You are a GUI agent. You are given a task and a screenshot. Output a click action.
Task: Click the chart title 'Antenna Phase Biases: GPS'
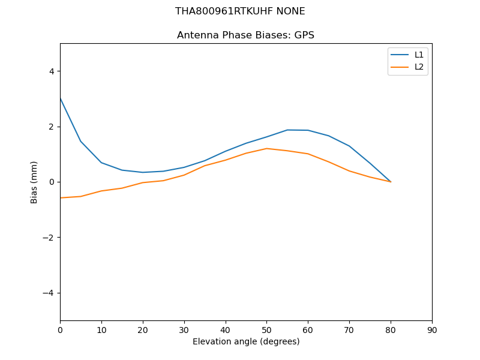(x=245, y=35)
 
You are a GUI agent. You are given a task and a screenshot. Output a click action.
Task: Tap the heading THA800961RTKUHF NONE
(x=240, y=11)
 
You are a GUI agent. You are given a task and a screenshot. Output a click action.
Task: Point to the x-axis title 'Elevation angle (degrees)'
(x=246, y=341)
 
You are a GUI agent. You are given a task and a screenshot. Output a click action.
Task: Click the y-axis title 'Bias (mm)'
(x=34, y=182)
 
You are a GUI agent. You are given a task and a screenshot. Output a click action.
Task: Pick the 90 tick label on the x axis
(x=432, y=329)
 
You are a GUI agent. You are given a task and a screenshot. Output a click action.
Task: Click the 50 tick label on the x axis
(x=266, y=329)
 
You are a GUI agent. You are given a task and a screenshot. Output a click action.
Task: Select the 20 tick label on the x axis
(x=143, y=329)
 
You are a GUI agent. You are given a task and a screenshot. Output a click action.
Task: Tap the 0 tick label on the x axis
(x=60, y=329)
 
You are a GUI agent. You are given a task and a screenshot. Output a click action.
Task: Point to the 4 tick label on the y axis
(x=51, y=71)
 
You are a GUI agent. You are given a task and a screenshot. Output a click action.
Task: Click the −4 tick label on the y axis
(x=48, y=293)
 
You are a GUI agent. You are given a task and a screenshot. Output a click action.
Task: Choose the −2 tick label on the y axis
(x=48, y=238)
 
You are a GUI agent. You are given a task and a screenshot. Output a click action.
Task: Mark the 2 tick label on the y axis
(x=51, y=127)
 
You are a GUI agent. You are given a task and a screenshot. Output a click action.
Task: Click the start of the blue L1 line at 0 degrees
(x=60, y=97)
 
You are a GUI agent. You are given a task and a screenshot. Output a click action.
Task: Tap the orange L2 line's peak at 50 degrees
(x=266, y=148)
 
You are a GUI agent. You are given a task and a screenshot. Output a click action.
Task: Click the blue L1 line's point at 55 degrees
(x=287, y=130)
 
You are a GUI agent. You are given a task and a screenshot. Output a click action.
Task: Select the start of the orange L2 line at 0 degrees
(x=60, y=198)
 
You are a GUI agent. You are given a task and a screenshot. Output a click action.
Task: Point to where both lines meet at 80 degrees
(x=391, y=182)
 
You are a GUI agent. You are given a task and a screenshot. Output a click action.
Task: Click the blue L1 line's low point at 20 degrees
(x=143, y=172)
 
